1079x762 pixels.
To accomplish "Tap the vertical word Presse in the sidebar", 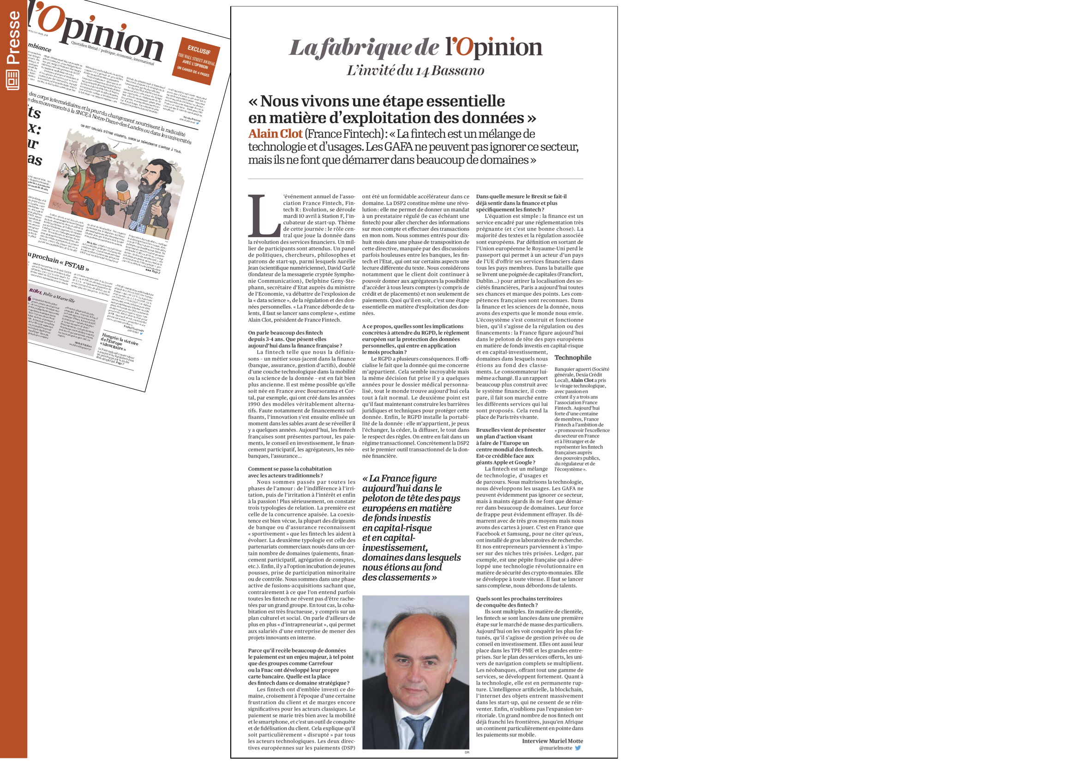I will pos(13,37).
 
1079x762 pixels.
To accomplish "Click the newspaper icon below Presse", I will pos(12,80).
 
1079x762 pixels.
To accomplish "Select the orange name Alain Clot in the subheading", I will pos(275,134).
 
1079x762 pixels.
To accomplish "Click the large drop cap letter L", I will pos(263,216).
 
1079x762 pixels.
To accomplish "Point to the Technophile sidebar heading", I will pos(572,357).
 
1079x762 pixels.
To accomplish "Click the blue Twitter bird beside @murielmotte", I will pos(578,748).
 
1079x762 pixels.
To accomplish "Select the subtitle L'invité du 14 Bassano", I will pos(415,71).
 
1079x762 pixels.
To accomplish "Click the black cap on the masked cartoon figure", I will pos(102,149).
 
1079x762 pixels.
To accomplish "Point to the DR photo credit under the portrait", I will pos(467,752).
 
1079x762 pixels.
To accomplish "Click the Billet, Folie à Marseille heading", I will pos(52,295).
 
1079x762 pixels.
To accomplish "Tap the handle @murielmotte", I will pos(556,748).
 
